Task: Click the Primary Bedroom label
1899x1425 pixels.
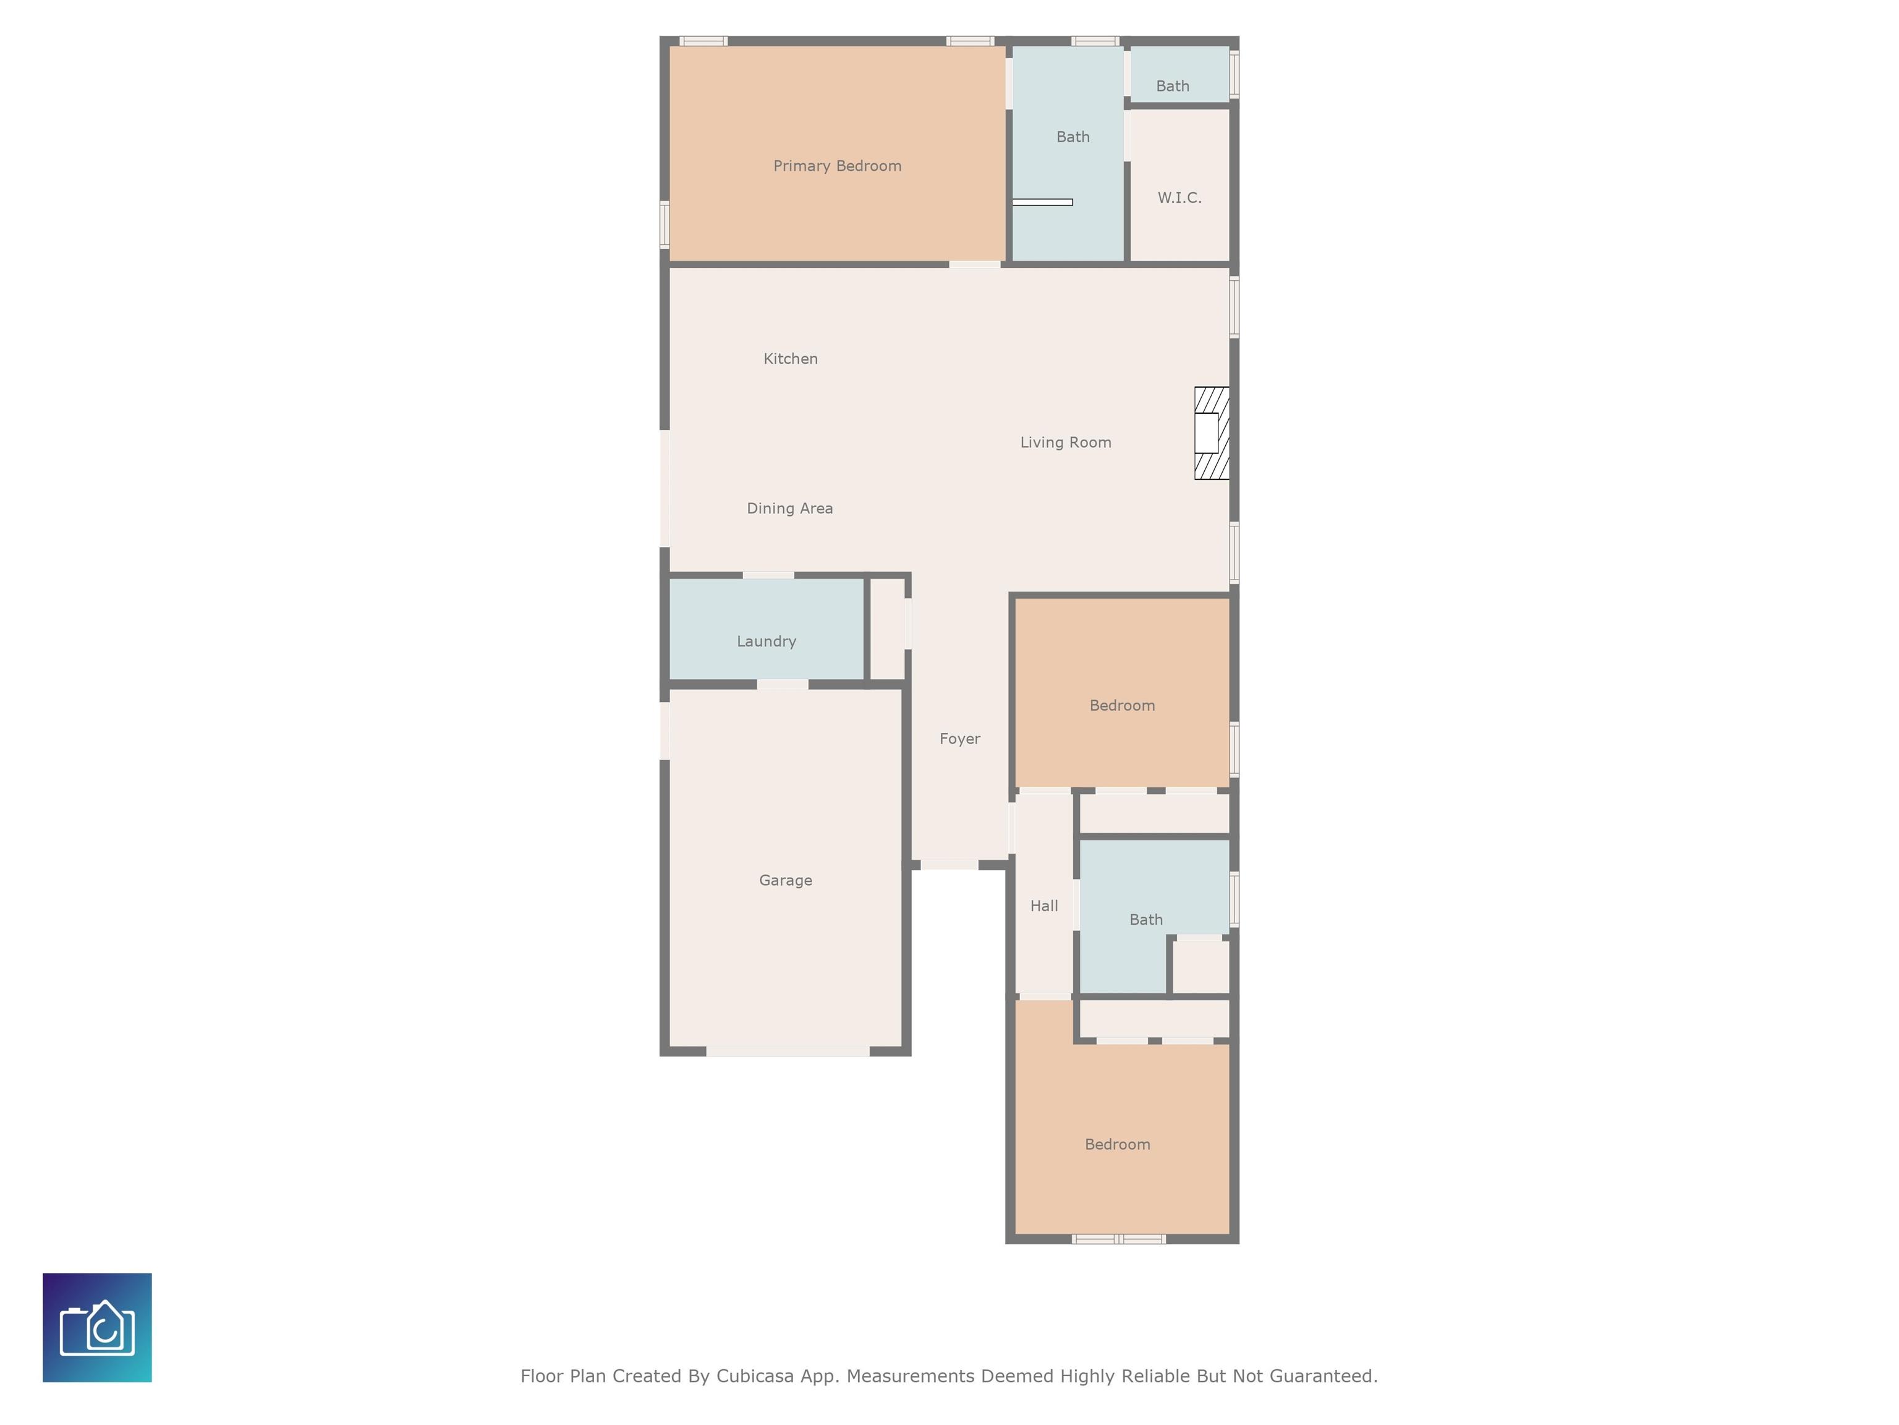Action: click(x=837, y=166)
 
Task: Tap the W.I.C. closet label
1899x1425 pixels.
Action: click(x=1179, y=197)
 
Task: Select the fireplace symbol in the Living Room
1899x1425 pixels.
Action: click(x=1212, y=433)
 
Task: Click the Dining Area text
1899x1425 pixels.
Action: click(x=789, y=508)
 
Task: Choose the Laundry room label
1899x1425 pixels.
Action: click(x=766, y=641)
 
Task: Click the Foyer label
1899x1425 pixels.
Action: click(x=959, y=738)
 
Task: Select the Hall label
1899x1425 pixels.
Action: click(x=1043, y=906)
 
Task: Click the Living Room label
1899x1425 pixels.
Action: click(x=1064, y=442)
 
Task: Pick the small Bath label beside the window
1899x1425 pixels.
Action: click(x=1172, y=86)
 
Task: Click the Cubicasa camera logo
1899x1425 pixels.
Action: click(x=97, y=1327)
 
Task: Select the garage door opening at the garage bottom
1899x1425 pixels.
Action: click(x=788, y=1051)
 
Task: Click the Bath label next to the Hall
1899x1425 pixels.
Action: click(x=1145, y=920)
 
